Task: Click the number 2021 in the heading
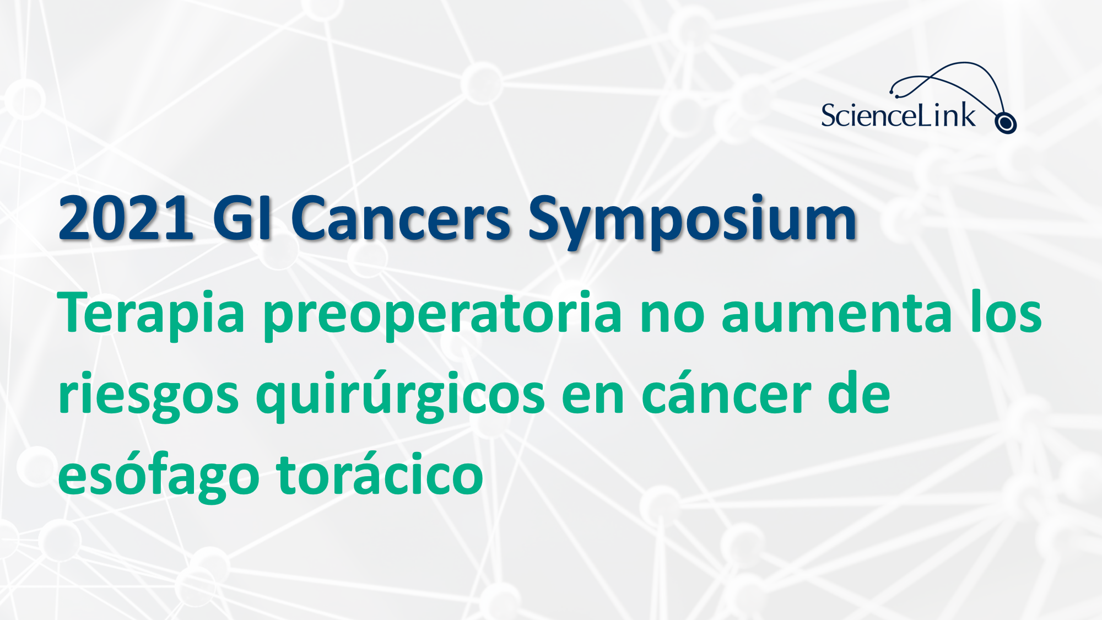click(x=126, y=218)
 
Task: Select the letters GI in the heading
click(x=242, y=218)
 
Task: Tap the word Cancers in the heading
click(x=401, y=218)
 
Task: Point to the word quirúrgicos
click(x=401, y=396)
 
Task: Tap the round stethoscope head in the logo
click(x=1006, y=123)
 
